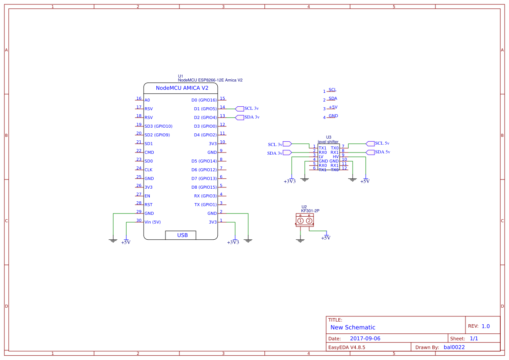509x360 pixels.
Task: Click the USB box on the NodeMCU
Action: point(181,235)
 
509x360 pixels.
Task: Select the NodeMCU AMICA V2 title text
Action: point(182,88)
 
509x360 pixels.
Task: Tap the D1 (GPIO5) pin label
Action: point(205,109)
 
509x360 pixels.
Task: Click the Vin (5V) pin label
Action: point(152,222)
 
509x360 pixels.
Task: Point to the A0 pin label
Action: point(147,100)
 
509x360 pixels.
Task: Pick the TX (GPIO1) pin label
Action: point(205,205)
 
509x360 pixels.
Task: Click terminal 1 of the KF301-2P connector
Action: point(300,221)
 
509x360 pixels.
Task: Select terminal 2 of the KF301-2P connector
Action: point(309,221)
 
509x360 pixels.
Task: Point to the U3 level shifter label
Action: point(328,139)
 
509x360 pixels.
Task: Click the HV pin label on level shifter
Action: point(335,156)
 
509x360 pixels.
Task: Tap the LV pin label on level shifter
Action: point(321,156)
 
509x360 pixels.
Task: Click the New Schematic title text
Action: point(353,327)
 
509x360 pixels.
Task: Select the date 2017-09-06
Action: point(365,339)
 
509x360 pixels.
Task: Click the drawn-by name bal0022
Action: point(454,347)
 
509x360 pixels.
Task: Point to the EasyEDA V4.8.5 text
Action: point(347,347)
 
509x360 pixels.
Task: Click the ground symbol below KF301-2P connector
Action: point(300,240)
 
